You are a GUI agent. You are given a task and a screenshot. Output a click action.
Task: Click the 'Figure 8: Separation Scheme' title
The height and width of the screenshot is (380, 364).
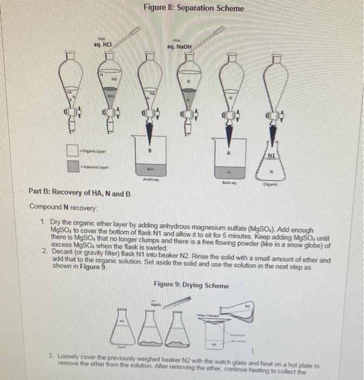[194, 9]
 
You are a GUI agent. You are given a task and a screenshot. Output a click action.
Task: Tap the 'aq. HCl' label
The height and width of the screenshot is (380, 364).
[102, 43]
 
